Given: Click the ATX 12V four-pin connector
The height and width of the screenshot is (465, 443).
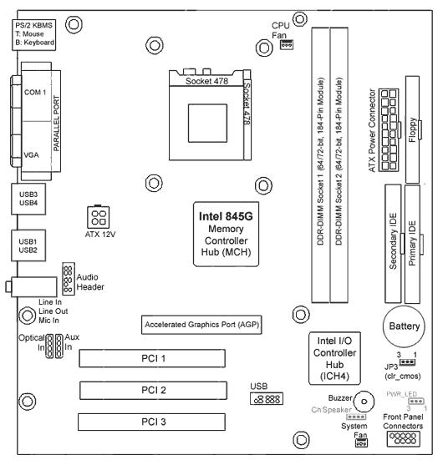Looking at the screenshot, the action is pyautogui.click(x=99, y=217).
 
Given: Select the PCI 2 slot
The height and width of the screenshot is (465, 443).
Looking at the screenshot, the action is pyautogui.click(x=153, y=390).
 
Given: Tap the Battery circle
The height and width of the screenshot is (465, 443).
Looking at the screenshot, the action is pyautogui.click(x=404, y=326).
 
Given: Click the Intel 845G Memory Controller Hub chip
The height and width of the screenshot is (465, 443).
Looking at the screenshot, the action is pyautogui.click(x=226, y=235).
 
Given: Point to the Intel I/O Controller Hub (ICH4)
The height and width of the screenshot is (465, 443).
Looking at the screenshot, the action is pyautogui.click(x=334, y=358).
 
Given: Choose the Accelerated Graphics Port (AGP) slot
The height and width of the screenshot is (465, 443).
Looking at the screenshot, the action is pyautogui.click(x=201, y=325).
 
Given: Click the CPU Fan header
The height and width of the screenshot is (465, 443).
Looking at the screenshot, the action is pyautogui.click(x=287, y=45).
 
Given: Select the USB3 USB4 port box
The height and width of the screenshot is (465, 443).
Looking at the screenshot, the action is pyautogui.click(x=28, y=199).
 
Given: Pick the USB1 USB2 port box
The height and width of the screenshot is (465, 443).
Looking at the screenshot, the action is pyautogui.click(x=28, y=245).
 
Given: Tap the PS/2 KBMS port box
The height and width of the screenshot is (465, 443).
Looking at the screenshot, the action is pyautogui.click(x=33, y=35).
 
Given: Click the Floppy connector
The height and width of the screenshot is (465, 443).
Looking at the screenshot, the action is pyautogui.click(x=413, y=129).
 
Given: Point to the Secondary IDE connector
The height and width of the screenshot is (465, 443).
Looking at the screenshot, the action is pyautogui.click(x=393, y=244).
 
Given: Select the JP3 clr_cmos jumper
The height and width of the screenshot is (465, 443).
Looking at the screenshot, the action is pyautogui.click(x=407, y=362).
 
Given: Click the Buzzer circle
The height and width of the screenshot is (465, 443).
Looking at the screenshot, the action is pyautogui.click(x=364, y=402).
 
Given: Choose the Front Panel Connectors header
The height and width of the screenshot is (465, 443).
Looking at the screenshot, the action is pyautogui.click(x=404, y=438).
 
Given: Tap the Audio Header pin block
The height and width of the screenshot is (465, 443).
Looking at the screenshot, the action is pyautogui.click(x=69, y=279).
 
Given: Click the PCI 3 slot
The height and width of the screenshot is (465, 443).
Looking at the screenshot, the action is pyautogui.click(x=152, y=422).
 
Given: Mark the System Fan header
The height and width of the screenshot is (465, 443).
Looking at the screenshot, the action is pyautogui.click(x=361, y=443).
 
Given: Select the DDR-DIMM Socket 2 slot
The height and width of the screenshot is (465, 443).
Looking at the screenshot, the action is pyautogui.click(x=339, y=165).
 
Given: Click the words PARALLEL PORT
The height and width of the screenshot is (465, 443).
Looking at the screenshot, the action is pyautogui.click(x=56, y=123).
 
